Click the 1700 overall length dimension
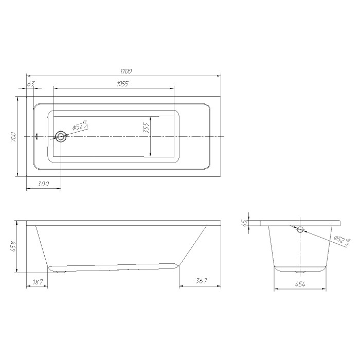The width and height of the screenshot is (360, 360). point(126,71)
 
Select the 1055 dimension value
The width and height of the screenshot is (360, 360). point(122,84)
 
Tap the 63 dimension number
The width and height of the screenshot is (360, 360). point(31,84)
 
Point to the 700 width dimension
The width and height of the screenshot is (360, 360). point(13,137)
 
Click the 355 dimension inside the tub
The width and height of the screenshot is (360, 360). point(146,128)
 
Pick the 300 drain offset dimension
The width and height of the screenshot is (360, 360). point(43,184)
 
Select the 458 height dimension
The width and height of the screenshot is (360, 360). point(13,246)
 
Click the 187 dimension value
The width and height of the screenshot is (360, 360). point(38,282)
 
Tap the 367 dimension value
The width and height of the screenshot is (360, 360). point(201,281)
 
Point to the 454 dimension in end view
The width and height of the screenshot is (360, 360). point(300,284)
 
